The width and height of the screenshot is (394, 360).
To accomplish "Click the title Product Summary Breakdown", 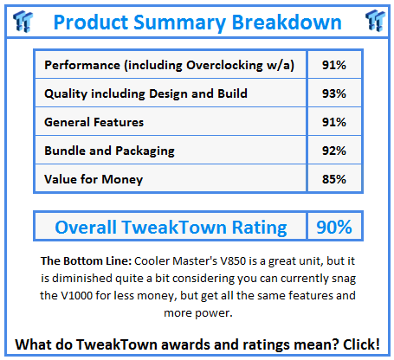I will point(197,21).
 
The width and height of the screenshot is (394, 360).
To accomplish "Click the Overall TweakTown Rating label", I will point(171,228).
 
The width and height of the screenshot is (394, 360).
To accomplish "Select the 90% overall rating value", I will point(333,228).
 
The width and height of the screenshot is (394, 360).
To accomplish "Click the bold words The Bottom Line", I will point(84,260).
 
